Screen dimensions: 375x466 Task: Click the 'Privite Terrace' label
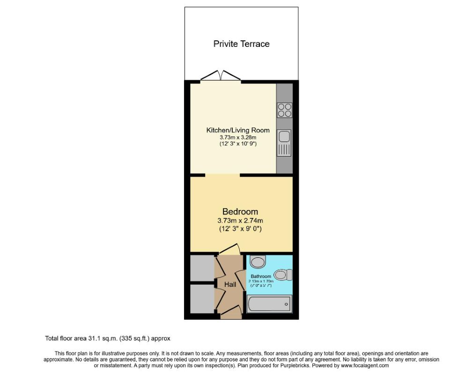tap(241, 44)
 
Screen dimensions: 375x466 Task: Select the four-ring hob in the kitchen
tap(284, 110)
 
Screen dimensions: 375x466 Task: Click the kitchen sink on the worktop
tap(284, 137)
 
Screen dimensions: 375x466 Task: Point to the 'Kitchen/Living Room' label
tap(238, 130)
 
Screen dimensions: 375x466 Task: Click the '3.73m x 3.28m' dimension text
tap(238, 137)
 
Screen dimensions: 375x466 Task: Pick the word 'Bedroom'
tap(240, 212)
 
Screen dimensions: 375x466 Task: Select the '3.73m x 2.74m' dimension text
tap(240, 220)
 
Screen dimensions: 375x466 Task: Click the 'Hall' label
tap(230, 285)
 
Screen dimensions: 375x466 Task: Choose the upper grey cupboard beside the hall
tap(202, 267)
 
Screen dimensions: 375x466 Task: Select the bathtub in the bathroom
tap(269, 305)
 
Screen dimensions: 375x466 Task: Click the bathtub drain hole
tap(286, 305)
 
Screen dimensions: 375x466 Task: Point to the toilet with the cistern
tap(283, 275)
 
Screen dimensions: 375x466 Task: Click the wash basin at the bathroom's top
tap(258, 261)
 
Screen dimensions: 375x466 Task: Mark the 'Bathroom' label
tap(260, 277)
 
